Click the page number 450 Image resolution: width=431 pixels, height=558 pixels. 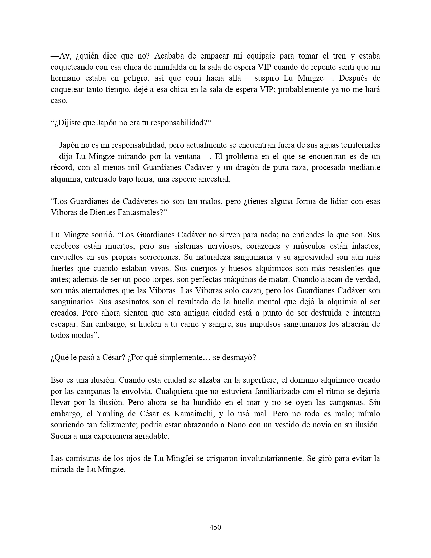click(x=215, y=527)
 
